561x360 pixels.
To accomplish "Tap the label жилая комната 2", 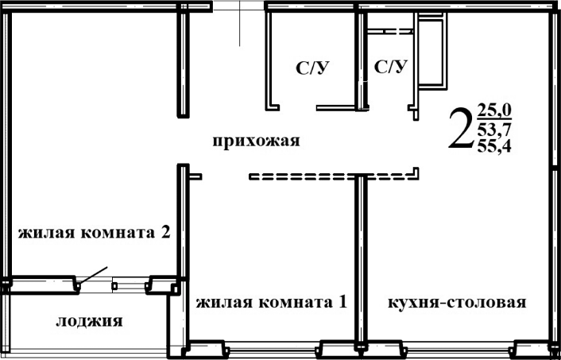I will coord(95,233).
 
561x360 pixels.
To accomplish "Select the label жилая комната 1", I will coord(271,303).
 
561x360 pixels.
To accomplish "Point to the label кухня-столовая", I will coord(457,303).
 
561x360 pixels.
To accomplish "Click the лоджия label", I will coord(89,321).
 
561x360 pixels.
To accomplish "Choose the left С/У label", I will coord(312,69).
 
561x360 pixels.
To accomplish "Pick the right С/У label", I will coord(390,67).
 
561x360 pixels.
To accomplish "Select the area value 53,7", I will coord(494,128).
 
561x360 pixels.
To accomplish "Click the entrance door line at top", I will coord(239,24).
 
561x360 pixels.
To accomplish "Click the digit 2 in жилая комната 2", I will coord(164,233).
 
